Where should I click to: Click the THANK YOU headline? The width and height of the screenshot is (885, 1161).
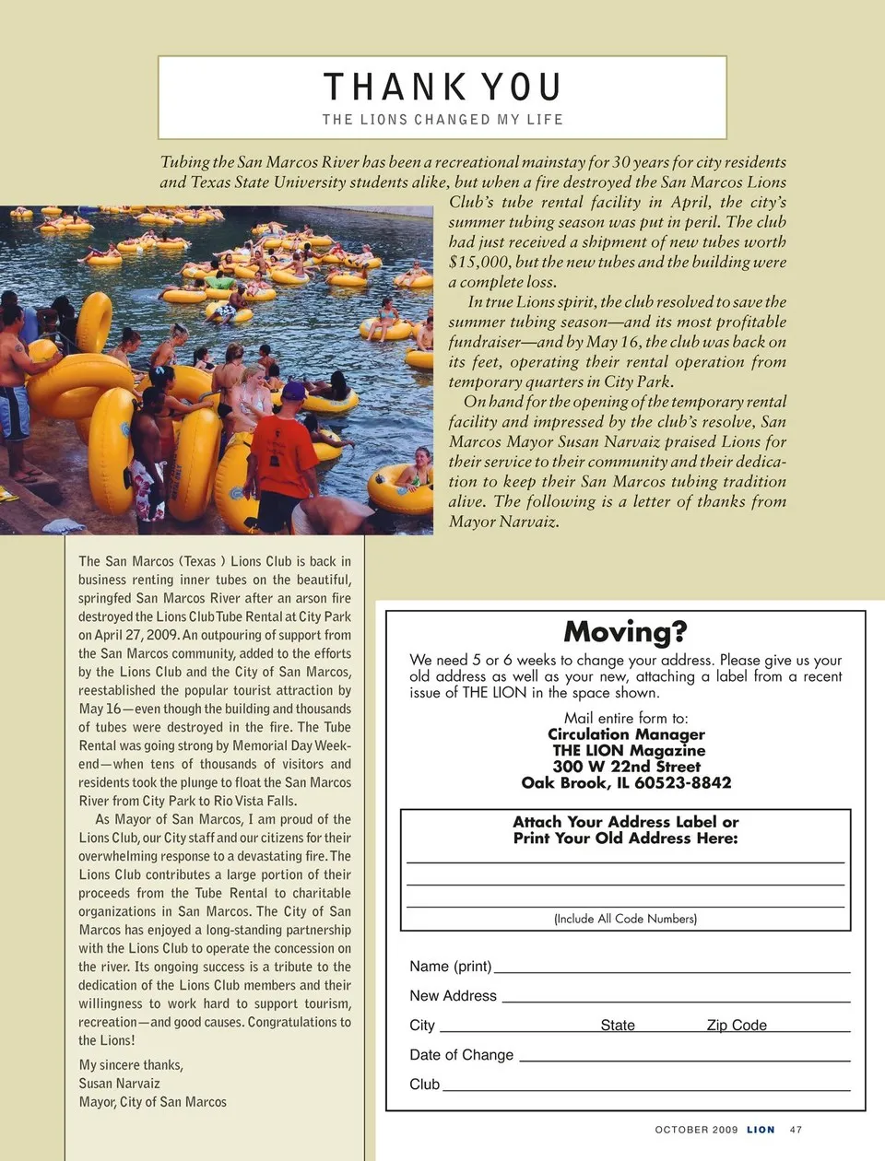click(442, 88)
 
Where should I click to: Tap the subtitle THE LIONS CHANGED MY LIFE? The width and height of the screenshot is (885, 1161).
click(442, 120)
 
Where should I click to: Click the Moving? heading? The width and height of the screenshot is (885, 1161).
click(625, 632)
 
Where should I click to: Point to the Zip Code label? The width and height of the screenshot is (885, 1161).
click(737, 1025)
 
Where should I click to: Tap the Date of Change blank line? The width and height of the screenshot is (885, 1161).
click(684, 1060)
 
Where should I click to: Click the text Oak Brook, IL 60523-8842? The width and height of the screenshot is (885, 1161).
click(626, 782)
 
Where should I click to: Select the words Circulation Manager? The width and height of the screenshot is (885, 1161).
click(626, 734)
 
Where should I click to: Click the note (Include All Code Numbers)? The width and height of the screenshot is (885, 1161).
click(625, 919)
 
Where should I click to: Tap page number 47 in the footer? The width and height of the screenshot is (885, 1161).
click(796, 1130)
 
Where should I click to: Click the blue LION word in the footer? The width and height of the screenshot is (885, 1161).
click(761, 1130)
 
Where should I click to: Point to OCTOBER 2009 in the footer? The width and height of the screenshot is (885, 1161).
click(696, 1130)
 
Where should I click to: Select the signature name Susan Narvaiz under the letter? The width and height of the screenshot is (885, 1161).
click(119, 1084)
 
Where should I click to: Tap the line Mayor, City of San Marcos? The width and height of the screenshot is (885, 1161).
click(152, 1102)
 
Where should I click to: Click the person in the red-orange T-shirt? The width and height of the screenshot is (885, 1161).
click(283, 456)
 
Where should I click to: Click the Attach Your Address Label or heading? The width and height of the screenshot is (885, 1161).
click(625, 822)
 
